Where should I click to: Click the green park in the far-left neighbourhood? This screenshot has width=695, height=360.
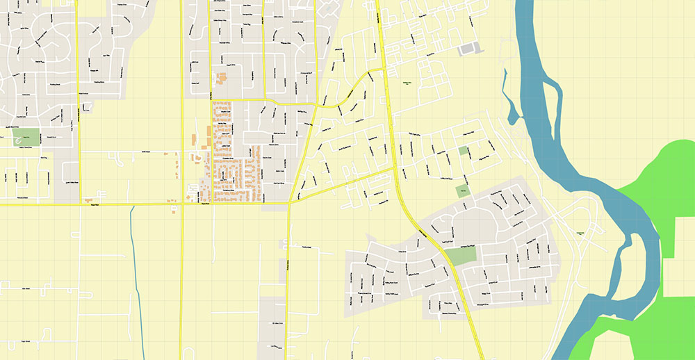[x=28, y=137]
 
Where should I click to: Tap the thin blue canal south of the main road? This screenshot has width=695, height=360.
[x=135, y=264]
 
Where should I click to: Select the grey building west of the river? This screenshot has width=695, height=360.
[x=469, y=48]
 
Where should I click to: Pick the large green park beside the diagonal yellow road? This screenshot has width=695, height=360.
[x=461, y=255]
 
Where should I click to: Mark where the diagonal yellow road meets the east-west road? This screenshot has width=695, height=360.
[x=289, y=204]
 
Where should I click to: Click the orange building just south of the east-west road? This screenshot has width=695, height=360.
[x=172, y=211]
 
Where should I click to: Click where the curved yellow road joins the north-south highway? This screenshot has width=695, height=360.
[x=383, y=70]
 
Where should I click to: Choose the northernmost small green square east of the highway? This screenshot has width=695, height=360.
[x=464, y=151]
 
